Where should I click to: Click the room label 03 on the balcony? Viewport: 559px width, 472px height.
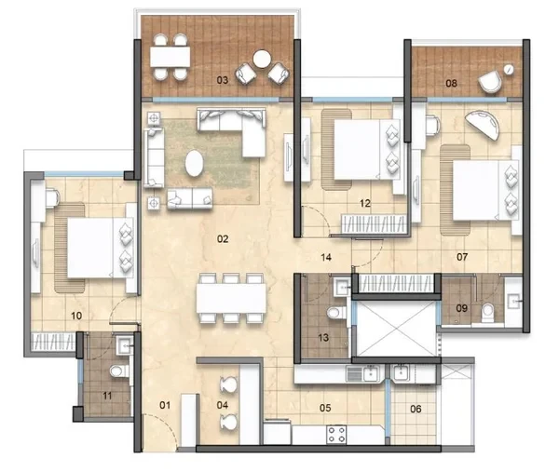(x=223, y=80)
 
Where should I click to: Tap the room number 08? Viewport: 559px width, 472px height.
(x=451, y=84)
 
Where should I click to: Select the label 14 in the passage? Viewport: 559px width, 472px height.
(x=326, y=257)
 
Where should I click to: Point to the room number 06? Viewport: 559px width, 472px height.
(x=416, y=409)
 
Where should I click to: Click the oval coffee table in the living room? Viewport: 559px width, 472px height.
(x=195, y=163)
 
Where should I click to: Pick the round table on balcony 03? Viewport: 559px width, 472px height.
(x=262, y=60)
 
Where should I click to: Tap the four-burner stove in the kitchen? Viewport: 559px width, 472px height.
(x=336, y=435)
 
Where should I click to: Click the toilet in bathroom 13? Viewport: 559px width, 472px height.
(x=336, y=313)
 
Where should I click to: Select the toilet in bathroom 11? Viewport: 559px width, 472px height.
(x=119, y=371)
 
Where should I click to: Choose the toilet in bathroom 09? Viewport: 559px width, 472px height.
(x=487, y=311)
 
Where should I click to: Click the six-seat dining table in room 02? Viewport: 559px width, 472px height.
(x=231, y=298)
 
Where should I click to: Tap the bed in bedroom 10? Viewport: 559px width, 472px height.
(x=101, y=248)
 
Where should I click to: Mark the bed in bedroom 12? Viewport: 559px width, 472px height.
(x=367, y=150)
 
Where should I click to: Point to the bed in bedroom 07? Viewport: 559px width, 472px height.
(x=485, y=190)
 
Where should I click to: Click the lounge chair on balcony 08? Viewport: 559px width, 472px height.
(x=490, y=82)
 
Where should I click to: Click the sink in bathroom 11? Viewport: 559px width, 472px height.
(x=125, y=345)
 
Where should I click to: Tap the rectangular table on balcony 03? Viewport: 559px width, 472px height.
(x=170, y=57)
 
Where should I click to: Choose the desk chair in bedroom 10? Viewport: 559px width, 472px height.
(x=53, y=197)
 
